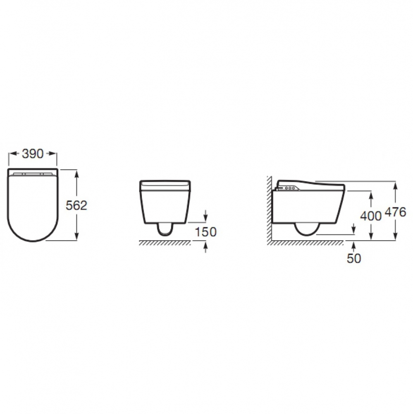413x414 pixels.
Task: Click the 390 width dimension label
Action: tap(33, 154)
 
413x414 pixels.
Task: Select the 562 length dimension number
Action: tap(76, 205)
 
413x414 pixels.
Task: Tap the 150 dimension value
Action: tap(205, 232)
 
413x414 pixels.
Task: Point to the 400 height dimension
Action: tap(371, 216)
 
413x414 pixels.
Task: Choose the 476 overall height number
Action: tap(395, 212)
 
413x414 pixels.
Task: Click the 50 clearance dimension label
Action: tap(353, 258)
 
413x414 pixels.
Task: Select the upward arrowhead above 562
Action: tap(76, 173)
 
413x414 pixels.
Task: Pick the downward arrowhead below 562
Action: tap(76, 236)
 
